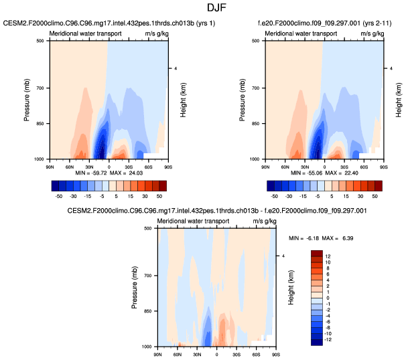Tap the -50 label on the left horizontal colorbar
(58, 197)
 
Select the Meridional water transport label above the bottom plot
(192, 221)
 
